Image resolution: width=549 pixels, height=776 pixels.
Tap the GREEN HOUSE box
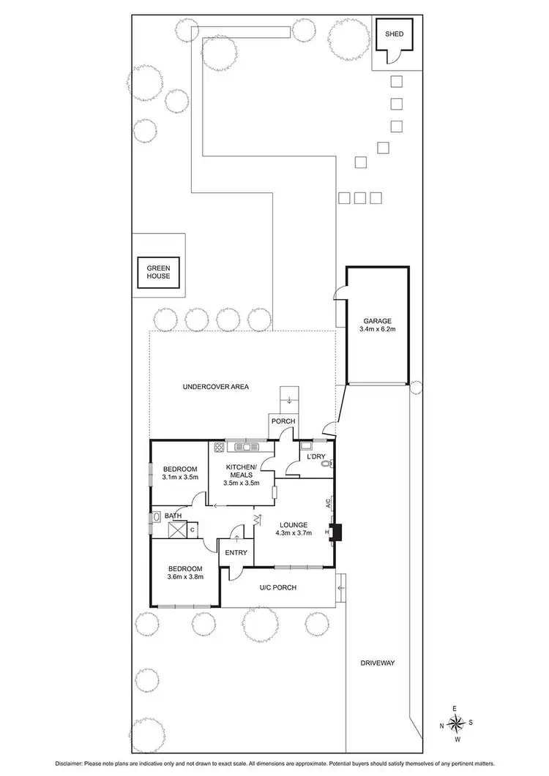click(158, 272)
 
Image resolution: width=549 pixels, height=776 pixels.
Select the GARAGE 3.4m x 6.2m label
click(378, 325)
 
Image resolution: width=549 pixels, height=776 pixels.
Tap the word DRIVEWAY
click(378, 663)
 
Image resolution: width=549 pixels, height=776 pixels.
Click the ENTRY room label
click(236, 553)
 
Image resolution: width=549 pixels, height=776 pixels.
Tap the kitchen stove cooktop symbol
click(218, 446)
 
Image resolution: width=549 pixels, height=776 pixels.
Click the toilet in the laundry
click(327, 463)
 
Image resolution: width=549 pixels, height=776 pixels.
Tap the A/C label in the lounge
click(329, 503)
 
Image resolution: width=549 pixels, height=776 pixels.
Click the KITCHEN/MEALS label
click(241, 470)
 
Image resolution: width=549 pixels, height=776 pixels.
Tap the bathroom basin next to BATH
click(156, 516)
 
